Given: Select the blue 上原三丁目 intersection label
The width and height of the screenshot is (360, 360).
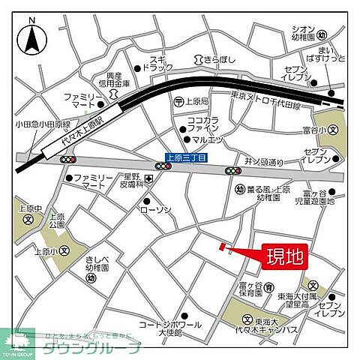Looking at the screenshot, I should click(x=185, y=157).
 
